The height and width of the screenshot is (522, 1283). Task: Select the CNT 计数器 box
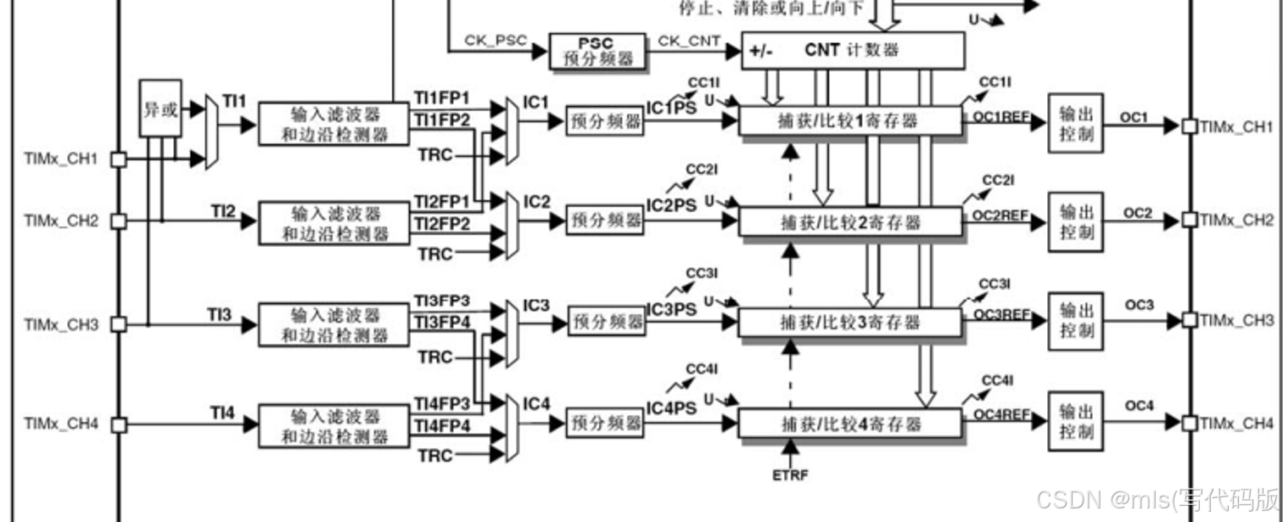[853, 50]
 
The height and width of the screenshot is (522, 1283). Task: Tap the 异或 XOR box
[160, 109]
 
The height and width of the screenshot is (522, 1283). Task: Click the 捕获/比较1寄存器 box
[849, 121]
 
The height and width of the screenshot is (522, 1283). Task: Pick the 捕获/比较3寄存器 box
[849, 323]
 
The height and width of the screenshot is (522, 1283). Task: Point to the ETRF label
[790, 474]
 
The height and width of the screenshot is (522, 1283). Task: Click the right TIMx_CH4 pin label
[1236, 423]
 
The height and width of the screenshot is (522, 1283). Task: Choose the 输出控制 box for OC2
[1076, 222]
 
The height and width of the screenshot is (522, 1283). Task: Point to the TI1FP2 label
[441, 120]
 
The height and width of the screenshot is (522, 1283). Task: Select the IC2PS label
[671, 205]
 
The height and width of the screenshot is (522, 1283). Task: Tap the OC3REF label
[1002, 314]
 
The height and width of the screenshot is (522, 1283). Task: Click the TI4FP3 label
[441, 402]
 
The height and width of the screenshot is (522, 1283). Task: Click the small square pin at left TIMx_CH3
[119, 324]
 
